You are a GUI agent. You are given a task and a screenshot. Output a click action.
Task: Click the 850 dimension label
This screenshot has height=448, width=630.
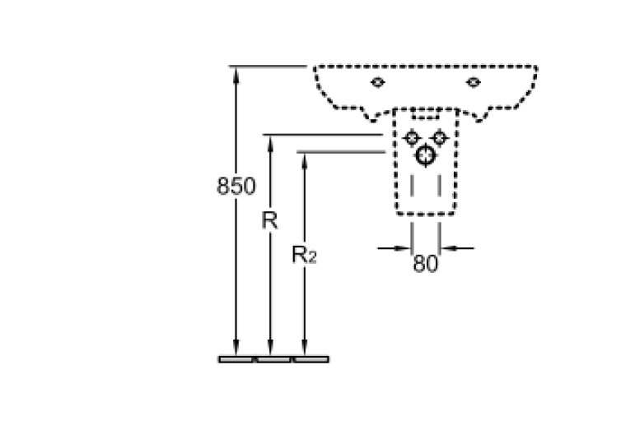coord(236,186)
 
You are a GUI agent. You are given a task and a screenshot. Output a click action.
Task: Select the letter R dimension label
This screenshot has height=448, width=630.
coord(269,220)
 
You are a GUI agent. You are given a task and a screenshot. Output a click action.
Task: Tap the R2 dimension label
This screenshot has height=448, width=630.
coord(304,255)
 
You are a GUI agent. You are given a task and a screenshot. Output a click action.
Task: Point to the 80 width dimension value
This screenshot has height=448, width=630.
coord(426,264)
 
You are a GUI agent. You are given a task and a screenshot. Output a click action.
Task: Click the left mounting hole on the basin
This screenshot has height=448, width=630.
coord(377,82)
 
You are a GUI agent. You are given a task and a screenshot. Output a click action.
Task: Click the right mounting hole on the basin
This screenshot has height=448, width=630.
coord(474,82)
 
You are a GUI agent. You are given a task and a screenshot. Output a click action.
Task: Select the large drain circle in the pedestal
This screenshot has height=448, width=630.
coord(426,155)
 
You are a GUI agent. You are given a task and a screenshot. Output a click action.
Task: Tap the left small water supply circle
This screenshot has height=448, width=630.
coord(412,138)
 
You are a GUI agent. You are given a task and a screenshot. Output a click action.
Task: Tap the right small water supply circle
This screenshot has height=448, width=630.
coord(439,138)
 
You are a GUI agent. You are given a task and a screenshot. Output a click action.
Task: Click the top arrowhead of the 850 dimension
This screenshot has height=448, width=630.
coord(236,75)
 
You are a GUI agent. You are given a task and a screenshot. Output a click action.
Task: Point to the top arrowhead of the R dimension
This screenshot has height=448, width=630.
coord(270,144)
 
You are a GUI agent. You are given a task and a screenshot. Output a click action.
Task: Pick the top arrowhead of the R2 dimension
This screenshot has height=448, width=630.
coord(304,161)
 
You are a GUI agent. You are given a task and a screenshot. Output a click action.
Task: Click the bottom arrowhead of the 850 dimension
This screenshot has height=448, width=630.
coord(236,348)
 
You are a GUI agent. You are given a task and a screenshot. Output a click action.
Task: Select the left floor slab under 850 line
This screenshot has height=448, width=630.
coord(236,359)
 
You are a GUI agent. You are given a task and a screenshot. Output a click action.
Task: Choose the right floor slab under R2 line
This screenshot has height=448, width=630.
coord(311,359)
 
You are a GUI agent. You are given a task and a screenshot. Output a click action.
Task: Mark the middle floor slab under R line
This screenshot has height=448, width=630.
coord(273,359)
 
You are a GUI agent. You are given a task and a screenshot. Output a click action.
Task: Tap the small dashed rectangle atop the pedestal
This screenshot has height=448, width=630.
coord(425,113)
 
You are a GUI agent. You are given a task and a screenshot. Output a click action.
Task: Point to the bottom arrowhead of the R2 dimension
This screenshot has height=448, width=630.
coord(304,348)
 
